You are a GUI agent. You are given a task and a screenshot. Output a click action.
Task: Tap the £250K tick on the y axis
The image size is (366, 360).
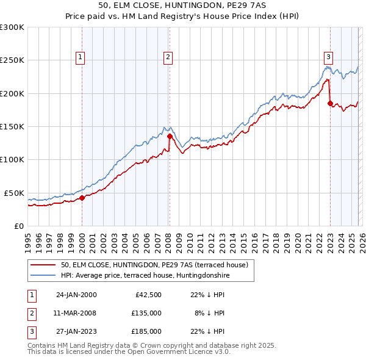(x=12, y=60)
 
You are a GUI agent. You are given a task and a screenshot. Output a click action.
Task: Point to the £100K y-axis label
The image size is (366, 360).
(x=12, y=159)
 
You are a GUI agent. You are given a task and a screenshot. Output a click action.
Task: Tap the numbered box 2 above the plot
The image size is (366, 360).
(x=167, y=57)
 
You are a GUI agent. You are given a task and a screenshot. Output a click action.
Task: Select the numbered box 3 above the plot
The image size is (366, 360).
(x=328, y=57)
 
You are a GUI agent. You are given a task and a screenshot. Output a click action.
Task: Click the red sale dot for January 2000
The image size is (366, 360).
(x=82, y=198)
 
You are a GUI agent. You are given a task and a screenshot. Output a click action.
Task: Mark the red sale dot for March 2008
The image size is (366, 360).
(x=170, y=137)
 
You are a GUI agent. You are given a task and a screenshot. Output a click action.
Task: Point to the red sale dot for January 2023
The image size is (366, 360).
(x=330, y=104)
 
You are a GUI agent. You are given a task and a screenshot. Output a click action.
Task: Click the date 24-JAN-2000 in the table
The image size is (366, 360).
(x=76, y=295)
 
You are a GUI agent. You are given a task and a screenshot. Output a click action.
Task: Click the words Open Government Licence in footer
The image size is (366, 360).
(x=178, y=352)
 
